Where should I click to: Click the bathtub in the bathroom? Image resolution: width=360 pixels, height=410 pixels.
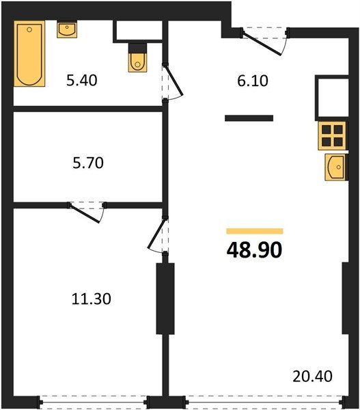pos(29,53)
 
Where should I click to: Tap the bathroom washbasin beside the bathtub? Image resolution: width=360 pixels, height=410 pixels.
pos(67,29)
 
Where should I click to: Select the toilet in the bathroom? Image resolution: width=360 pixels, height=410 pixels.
pos(137,58)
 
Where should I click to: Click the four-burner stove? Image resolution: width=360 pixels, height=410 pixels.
pos(332,136)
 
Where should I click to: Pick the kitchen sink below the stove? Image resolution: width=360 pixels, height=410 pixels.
pos(335,167)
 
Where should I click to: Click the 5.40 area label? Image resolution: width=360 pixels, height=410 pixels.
pos(82,80)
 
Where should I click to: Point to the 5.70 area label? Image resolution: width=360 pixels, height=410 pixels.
pos(88,163)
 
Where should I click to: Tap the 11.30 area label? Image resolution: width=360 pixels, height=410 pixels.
pos(92,299)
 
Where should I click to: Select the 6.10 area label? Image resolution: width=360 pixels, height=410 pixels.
pos(253,81)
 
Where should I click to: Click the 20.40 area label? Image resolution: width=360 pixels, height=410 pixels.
pos(312,377)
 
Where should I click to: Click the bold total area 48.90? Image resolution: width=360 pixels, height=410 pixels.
pos(254,250)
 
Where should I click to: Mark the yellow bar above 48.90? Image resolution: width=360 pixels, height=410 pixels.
pos(255,231)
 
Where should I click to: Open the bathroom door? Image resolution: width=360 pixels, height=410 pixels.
pos(172,81)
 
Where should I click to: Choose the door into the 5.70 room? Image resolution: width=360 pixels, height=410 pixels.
pos(86,212)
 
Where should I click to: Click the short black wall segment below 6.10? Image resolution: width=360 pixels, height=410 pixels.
pos(249,118)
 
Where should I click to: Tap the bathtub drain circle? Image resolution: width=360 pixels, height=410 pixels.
pos(29,29)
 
